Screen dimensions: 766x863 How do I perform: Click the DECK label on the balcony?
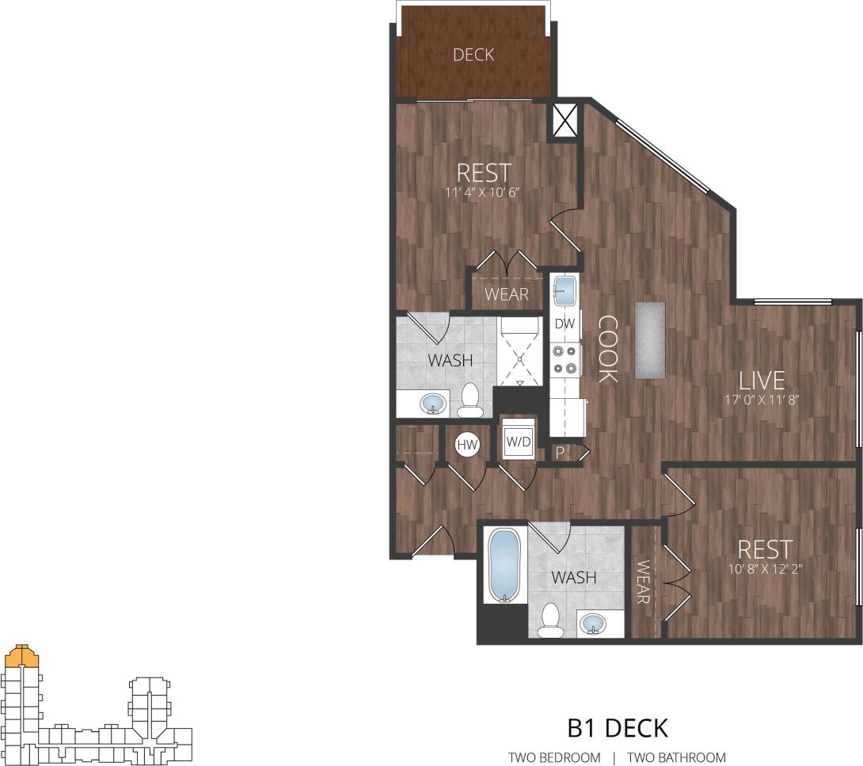click(473, 55)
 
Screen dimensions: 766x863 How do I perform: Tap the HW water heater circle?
click(467, 446)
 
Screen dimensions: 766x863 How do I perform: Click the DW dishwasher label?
click(564, 324)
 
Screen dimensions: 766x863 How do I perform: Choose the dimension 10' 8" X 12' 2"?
click(764, 567)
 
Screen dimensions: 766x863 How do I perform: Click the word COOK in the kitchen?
click(607, 348)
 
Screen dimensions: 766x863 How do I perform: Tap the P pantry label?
click(561, 453)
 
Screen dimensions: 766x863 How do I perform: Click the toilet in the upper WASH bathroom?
click(470, 401)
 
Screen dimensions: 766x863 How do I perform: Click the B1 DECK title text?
click(618, 726)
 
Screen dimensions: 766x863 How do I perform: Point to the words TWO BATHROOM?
click(676, 757)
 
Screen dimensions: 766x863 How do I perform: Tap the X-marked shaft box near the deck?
click(564, 120)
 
